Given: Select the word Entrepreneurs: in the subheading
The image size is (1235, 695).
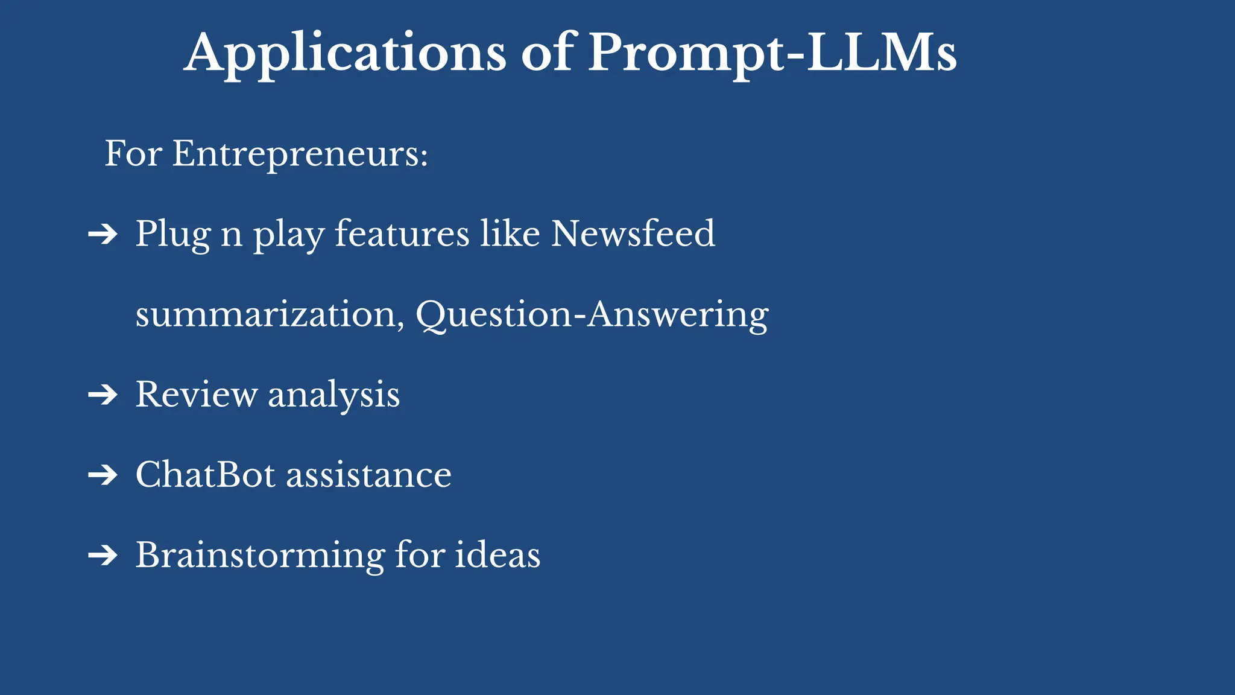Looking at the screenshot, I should coord(300,154).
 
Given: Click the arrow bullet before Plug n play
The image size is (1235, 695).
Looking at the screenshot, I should coord(103,234).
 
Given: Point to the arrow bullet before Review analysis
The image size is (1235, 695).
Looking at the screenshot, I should coord(103,395).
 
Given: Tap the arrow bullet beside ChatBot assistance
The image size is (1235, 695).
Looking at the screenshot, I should coord(103,475).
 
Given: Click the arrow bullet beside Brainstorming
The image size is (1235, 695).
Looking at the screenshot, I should coord(103,556).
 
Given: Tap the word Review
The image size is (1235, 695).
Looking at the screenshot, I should coord(196,395).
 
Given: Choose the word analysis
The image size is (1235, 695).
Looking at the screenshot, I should coord(333,396).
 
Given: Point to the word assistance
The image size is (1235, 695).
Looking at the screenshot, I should coord(368,475).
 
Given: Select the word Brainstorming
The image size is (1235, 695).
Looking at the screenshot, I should coord(260,556).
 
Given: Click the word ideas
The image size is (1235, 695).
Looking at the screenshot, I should coord(497,555).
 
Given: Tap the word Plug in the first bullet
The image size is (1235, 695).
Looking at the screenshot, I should coord(172,235).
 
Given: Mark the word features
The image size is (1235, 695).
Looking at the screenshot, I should coord(402,233).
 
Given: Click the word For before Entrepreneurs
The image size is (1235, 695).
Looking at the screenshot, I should coord(133,154).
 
